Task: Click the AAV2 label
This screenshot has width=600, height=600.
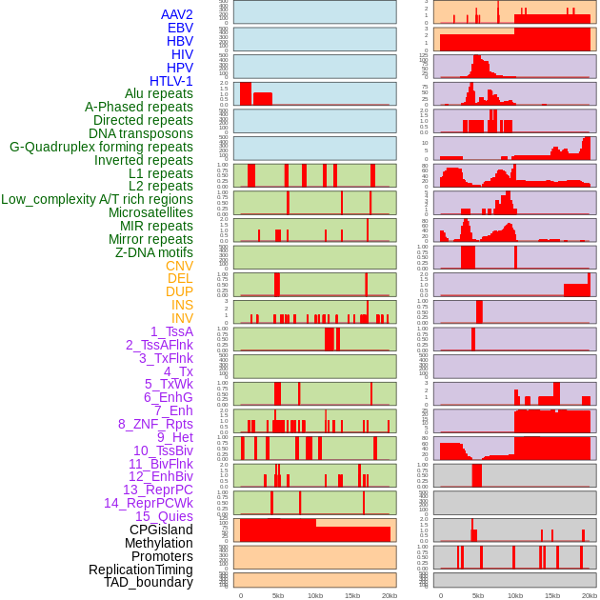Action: [x=176, y=14]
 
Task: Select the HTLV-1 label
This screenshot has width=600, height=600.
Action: [x=170, y=81]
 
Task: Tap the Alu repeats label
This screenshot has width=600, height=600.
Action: [x=158, y=94]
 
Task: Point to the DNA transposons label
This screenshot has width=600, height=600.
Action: [x=140, y=133]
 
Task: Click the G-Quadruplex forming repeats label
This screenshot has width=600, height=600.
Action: [x=101, y=147]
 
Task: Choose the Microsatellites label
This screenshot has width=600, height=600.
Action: [x=150, y=212]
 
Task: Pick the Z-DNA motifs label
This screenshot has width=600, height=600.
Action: [x=153, y=252]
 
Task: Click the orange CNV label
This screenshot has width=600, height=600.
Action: [x=179, y=266]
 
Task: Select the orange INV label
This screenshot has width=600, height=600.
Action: [x=182, y=318]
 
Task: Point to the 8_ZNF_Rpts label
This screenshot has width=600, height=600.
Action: [x=155, y=424]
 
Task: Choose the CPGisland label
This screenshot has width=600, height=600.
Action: [x=161, y=530]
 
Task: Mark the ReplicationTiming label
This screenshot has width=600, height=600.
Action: [x=140, y=570]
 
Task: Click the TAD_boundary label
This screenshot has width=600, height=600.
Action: [x=148, y=582]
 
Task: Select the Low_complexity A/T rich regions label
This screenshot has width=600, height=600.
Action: [x=96, y=199]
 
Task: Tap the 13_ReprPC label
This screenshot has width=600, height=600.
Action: [x=157, y=490]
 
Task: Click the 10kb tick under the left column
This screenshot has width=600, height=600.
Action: [x=314, y=595]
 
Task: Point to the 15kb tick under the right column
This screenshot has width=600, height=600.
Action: [x=552, y=595]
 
